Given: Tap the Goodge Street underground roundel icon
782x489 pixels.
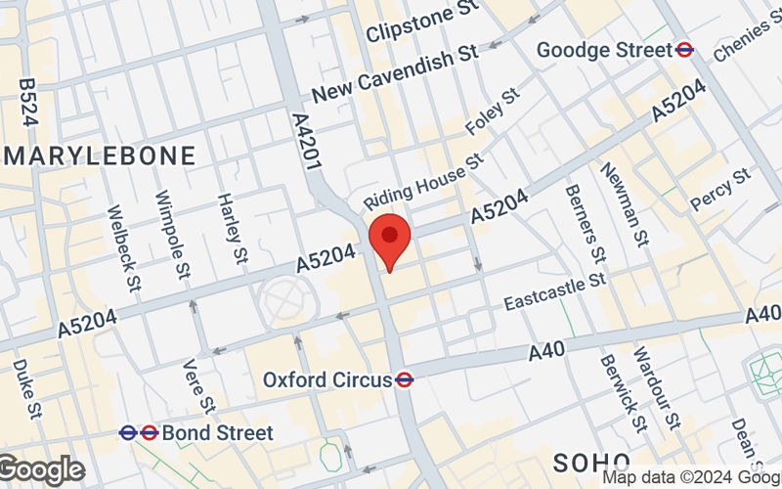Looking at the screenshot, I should coord(686,49).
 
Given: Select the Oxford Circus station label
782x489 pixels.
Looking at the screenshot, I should coord(326,379).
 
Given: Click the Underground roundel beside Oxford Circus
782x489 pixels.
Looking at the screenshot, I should coord(403,379).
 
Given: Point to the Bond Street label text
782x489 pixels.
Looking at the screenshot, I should coord(217,431).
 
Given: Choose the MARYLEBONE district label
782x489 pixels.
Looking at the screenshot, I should coord(100,156).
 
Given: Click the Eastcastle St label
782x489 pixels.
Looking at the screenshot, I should coord(555,292).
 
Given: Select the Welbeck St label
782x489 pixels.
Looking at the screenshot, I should coord(124,248).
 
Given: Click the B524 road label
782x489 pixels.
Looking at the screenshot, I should coord(28,104).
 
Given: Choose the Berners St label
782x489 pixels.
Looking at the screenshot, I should coord(585,224).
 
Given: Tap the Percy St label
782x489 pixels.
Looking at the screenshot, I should coord(719,189).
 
